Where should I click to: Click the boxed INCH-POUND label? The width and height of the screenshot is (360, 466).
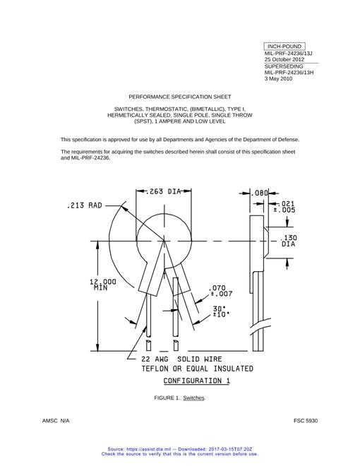(284, 47)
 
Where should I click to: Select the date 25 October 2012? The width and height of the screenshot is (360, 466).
(284, 59)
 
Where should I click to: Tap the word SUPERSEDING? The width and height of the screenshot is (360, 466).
(284, 66)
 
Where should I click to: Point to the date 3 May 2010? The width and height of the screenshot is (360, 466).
(278, 79)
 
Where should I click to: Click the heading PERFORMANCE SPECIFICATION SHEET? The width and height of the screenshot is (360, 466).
(180, 97)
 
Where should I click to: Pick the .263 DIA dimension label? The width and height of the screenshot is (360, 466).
(164, 191)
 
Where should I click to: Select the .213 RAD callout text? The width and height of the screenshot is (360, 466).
(85, 205)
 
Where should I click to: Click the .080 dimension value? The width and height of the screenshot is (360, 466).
(259, 193)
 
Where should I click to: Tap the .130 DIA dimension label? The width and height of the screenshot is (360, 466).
(289, 241)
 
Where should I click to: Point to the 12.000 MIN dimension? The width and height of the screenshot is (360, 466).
(103, 285)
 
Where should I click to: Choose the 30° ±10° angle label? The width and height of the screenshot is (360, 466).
(221, 311)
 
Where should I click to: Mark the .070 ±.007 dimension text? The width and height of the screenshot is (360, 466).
(221, 291)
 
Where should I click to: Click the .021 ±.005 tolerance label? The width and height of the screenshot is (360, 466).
(284, 207)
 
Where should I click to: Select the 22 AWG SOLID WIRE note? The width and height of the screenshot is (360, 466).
(181, 359)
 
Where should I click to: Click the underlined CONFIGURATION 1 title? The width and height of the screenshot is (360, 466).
(197, 381)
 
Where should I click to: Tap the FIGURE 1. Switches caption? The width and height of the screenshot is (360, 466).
(179, 398)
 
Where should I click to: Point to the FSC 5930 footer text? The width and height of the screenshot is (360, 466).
(306, 421)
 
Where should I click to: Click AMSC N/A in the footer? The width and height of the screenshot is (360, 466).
(56, 421)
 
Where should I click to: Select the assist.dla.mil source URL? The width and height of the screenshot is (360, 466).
(148, 449)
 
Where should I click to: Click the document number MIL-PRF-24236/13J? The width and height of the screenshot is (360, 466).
(288, 54)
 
